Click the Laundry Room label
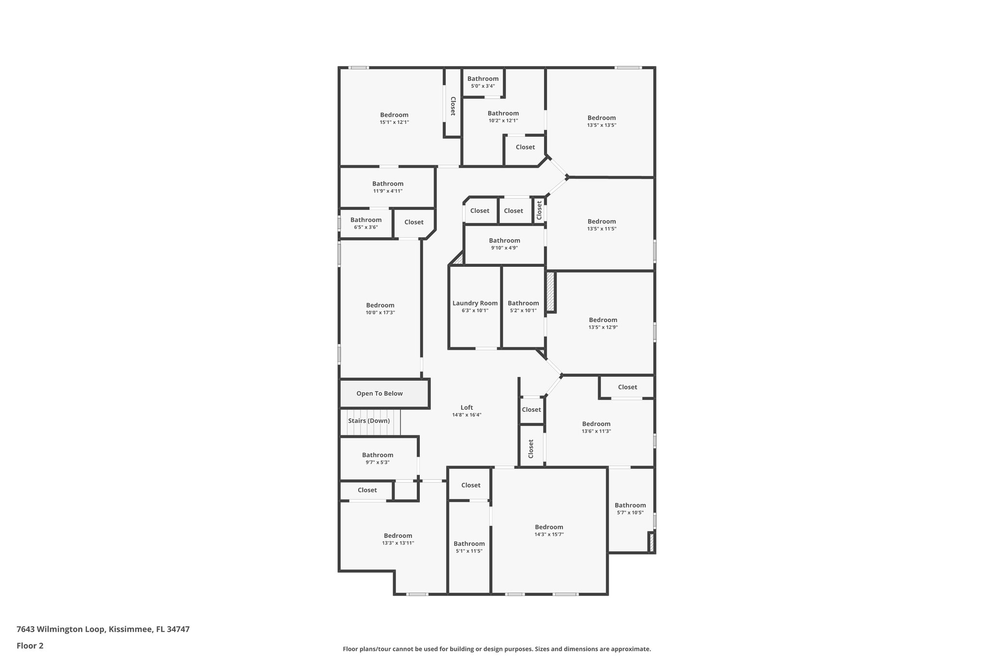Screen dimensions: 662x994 475,303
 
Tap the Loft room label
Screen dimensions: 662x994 466,408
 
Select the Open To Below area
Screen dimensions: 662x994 380,393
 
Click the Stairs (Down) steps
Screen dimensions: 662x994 369,421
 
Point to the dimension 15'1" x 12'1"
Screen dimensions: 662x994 394,122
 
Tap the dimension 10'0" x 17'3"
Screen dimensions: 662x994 380,313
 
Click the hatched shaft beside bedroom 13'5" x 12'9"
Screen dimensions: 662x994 550,291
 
